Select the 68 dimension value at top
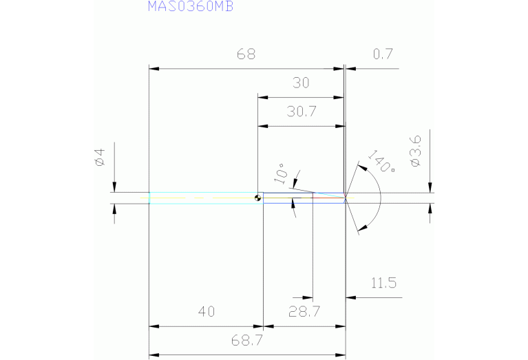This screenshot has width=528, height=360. pos(246,55)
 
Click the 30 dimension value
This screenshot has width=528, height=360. pos(301,83)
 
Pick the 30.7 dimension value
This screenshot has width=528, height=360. pos(301,112)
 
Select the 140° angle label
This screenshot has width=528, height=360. pos(381,162)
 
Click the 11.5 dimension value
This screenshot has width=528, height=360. pos(383,283)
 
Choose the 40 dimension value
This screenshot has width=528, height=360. pos(206,312)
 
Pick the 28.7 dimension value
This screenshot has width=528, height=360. pos(304,312)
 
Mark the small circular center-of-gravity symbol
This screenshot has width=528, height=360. pos(258,198)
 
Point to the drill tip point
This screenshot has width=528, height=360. pos(346,198)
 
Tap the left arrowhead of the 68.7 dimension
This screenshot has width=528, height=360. pos(153,354)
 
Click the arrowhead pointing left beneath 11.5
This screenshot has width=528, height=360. pos(350,297)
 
